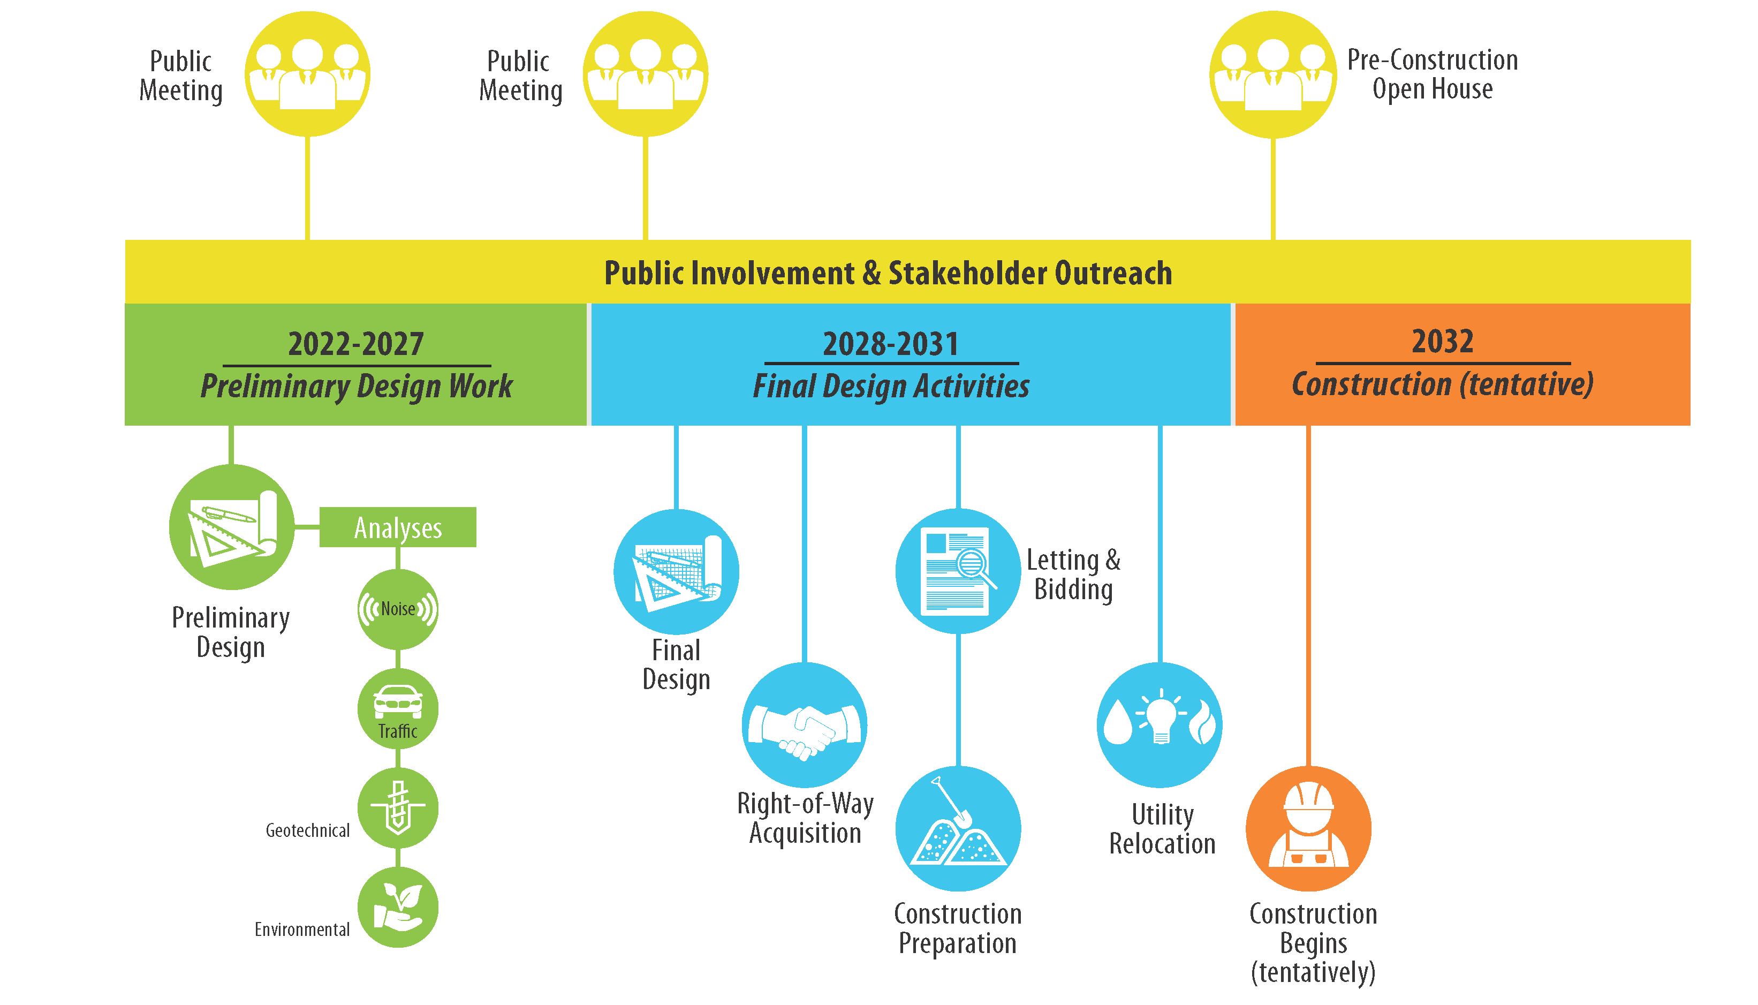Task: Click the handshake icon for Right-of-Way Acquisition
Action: (x=805, y=725)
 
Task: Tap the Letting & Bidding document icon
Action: (x=958, y=571)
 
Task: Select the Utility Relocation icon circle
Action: (x=1160, y=725)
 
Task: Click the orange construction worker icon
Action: (x=1308, y=828)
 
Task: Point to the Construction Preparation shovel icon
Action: (x=958, y=828)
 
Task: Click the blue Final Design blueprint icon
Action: (x=676, y=571)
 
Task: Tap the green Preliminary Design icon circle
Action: (x=232, y=527)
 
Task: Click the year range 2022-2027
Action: (x=355, y=344)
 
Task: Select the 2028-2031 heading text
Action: (x=891, y=344)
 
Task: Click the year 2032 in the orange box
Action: (x=1442, y=341)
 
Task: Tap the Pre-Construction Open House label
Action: (x=1433, y=74)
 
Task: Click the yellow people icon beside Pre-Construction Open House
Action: (x=1273, y=74)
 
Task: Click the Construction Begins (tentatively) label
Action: (x=1313, y=943)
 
